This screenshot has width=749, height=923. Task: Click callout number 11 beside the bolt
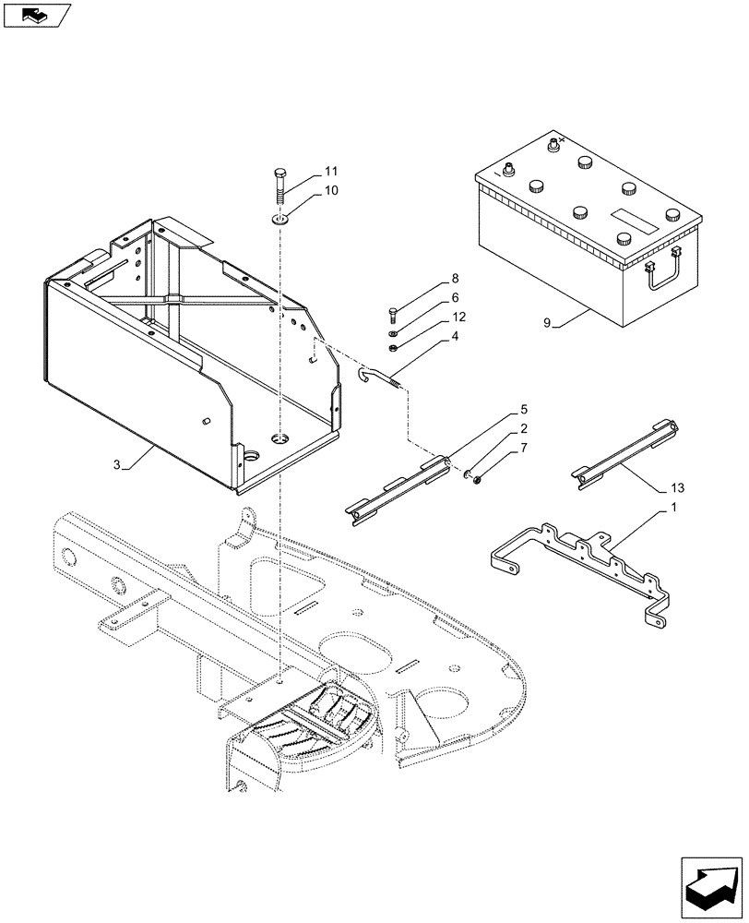coord(305,172)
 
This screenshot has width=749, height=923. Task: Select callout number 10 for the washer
coord(305,190)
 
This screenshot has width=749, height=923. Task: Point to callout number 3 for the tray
coord(117,466)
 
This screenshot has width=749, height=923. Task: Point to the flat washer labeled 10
coord(279,220)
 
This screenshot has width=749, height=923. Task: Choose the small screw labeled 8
coord(394,314)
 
